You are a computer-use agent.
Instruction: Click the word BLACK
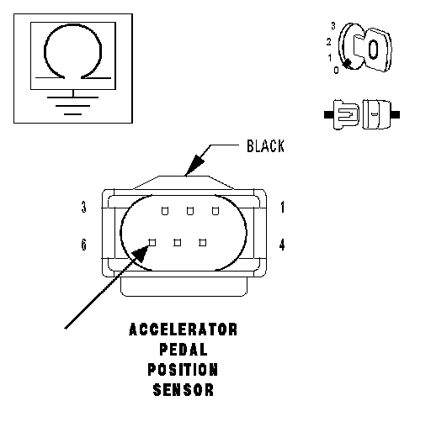pos(265,146)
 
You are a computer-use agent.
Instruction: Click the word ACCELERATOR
pos(183,329)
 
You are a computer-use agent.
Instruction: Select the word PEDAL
pos(184,350)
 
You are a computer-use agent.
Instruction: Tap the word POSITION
pos(183,370)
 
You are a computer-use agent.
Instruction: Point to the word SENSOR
pos(184,390)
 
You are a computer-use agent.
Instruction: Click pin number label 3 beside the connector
pos(83,208)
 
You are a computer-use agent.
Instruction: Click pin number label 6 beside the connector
pos(83,245)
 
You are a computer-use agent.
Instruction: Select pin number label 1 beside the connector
pos(282,208)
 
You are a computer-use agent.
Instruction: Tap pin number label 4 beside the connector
pos(282,245)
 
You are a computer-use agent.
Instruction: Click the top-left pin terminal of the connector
pos(165,211)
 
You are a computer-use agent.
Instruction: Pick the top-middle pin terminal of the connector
pos(190,211)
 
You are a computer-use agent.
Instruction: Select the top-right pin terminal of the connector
pos(215,211)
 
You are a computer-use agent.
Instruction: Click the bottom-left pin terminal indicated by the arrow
pos(152,242)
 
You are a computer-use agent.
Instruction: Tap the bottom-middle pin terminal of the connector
pos(178,242)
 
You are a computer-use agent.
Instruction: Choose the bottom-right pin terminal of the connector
pos(203,242)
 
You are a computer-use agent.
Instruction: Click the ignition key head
pos(378,50)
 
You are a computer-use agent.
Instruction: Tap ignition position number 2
pos(328,42)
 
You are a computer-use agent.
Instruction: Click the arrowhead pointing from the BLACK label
pos(195,166)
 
